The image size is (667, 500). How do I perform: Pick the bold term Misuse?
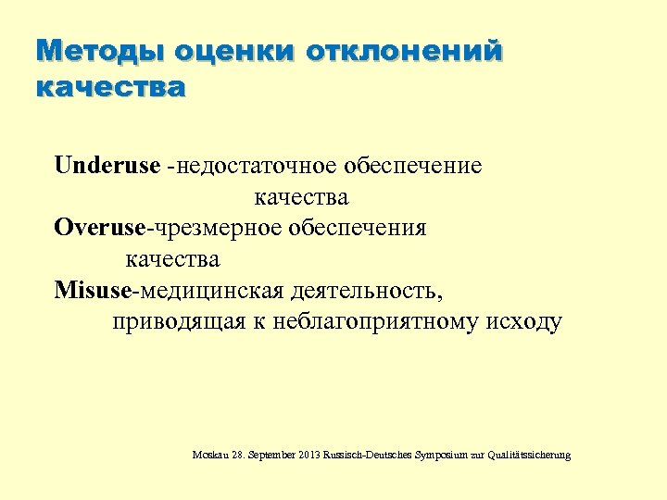[93, 291]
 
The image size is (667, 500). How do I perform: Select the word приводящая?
[172, 322]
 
